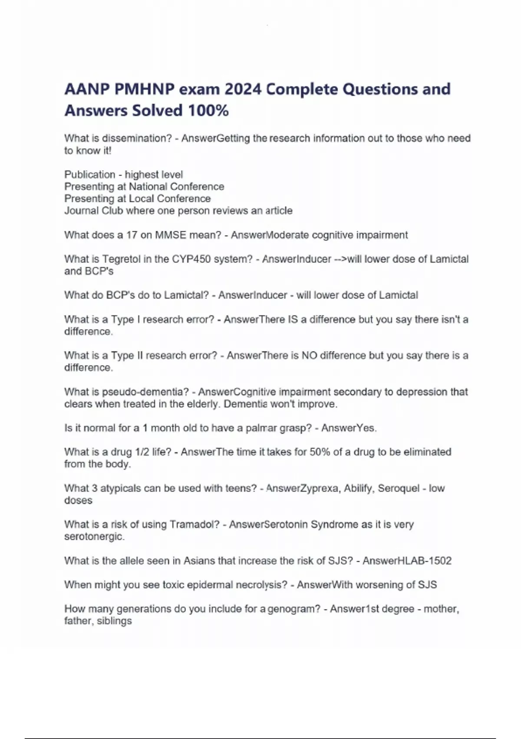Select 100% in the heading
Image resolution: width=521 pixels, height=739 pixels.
tap(208, 111)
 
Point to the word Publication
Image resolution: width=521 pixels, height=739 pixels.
tap(89, 174)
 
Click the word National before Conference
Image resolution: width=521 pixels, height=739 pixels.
tap(148, 186)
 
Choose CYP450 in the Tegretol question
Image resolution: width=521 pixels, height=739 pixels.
tap(191, 259)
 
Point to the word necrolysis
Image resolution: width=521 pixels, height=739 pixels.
tap(261, 585)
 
